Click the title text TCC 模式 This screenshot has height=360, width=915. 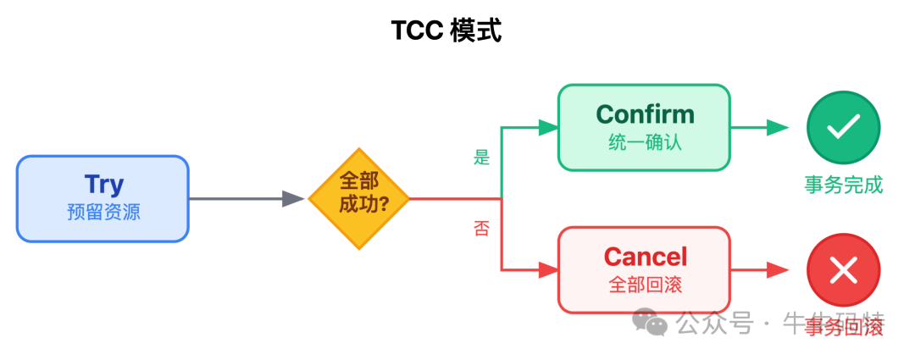click(x=446, y=30)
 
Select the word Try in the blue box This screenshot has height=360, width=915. click(x=103, y=184)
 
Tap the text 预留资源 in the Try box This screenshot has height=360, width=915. click(x=103, y=212)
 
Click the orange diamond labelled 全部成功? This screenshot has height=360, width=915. click(x=358, y=200)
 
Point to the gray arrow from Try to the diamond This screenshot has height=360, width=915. click(x=246, y=199)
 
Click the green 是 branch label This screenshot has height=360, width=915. click(x=481, y=157)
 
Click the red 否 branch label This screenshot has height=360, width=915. click(x=481, y=230)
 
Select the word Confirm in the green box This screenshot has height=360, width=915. click(x=645, y=114)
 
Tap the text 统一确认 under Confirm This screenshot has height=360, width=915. click(x=645, y=142)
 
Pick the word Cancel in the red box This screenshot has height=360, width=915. click(x=645, y=256)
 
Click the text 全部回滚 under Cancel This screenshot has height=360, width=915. click(x=645, y=284)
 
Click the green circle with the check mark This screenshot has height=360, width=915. click(x=843, y=128)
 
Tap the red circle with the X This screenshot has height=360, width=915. click(x=843, y=271)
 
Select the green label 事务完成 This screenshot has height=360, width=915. click(x=843, y=185)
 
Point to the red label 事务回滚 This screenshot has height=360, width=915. click(x=844, y=328)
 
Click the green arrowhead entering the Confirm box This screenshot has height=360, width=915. click(x=548, y=128)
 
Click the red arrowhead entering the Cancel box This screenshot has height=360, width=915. click(x=548, y=271)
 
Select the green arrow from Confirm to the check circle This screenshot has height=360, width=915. click(x=758, y=128)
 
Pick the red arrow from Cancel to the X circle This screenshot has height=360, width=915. click(x=758, y=271)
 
